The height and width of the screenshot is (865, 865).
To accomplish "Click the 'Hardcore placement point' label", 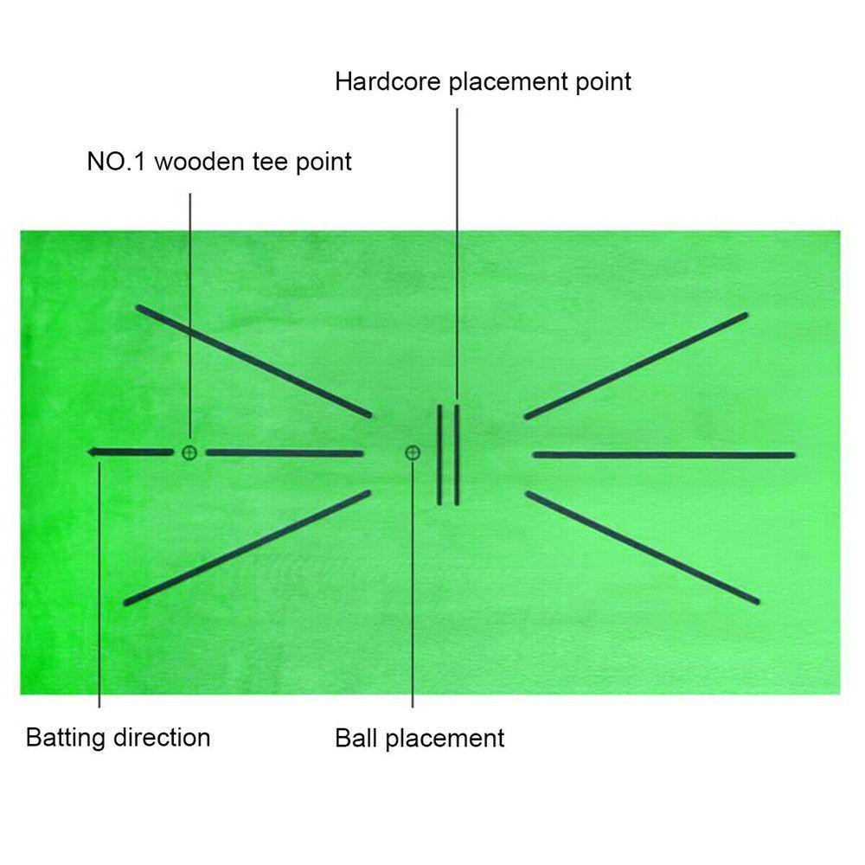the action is (484, 82).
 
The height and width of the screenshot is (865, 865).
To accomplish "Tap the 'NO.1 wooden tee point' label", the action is (219, 162).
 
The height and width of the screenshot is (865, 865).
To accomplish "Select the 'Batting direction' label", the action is (118, 738).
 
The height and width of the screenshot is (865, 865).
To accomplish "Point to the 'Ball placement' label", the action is (420, 738).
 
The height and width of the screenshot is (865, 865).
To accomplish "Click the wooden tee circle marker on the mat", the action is (189, 452).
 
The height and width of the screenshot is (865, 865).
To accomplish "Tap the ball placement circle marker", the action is (413, 452).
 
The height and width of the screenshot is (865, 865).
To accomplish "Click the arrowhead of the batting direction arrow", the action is (93, 452).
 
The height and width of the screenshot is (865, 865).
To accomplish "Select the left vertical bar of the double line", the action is (439, 453).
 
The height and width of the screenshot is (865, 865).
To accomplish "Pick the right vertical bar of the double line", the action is (456, 453).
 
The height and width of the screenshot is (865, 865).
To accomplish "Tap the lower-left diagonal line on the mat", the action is (247, 548).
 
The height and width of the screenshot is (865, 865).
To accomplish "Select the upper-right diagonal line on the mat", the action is (636, 366).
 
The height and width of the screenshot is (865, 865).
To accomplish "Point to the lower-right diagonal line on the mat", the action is (643, 548).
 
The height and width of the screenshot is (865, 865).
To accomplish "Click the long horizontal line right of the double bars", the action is (663, 454).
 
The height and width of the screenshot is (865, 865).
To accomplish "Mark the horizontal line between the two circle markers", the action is (285, 452).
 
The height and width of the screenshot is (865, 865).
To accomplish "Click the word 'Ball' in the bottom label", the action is (356, 738).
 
